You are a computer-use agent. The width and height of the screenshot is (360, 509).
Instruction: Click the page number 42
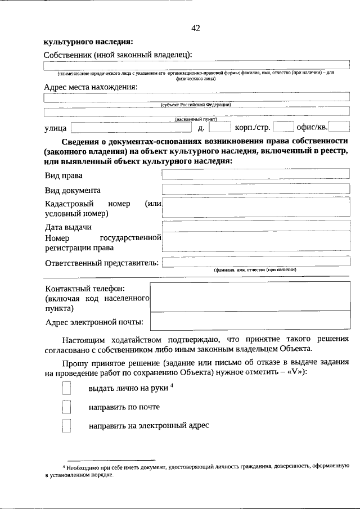tap(195, 28)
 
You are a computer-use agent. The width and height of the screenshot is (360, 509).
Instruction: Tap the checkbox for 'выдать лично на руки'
tap(66, 389)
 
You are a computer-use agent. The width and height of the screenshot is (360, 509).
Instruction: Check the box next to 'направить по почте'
tap(66, 407)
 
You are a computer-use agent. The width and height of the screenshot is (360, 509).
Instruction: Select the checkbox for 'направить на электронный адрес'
tap(66, 425)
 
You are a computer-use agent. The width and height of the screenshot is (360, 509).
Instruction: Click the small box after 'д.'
tap(220, 128)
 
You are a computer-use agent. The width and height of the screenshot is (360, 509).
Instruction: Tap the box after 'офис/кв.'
tap(339, 128)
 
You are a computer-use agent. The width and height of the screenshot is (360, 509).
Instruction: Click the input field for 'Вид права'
tap(255, 175)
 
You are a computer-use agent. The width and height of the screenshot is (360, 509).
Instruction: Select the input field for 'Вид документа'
tap(255, 190)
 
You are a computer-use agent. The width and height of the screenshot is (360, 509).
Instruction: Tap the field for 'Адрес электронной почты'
tap(250, 322)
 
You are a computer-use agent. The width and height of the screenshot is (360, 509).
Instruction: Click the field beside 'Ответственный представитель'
tap(255, 262)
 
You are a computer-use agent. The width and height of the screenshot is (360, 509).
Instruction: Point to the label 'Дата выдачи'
tap(68, 227)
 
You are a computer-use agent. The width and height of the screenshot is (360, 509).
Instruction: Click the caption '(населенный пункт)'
tap(196, 119)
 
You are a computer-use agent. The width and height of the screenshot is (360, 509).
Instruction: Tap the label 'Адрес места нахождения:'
tap(90, 87)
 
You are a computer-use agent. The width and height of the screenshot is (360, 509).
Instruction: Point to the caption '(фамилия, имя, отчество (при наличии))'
tap(255, 270)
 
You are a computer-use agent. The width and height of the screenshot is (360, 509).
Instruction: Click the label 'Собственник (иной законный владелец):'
tap(118, 55)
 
